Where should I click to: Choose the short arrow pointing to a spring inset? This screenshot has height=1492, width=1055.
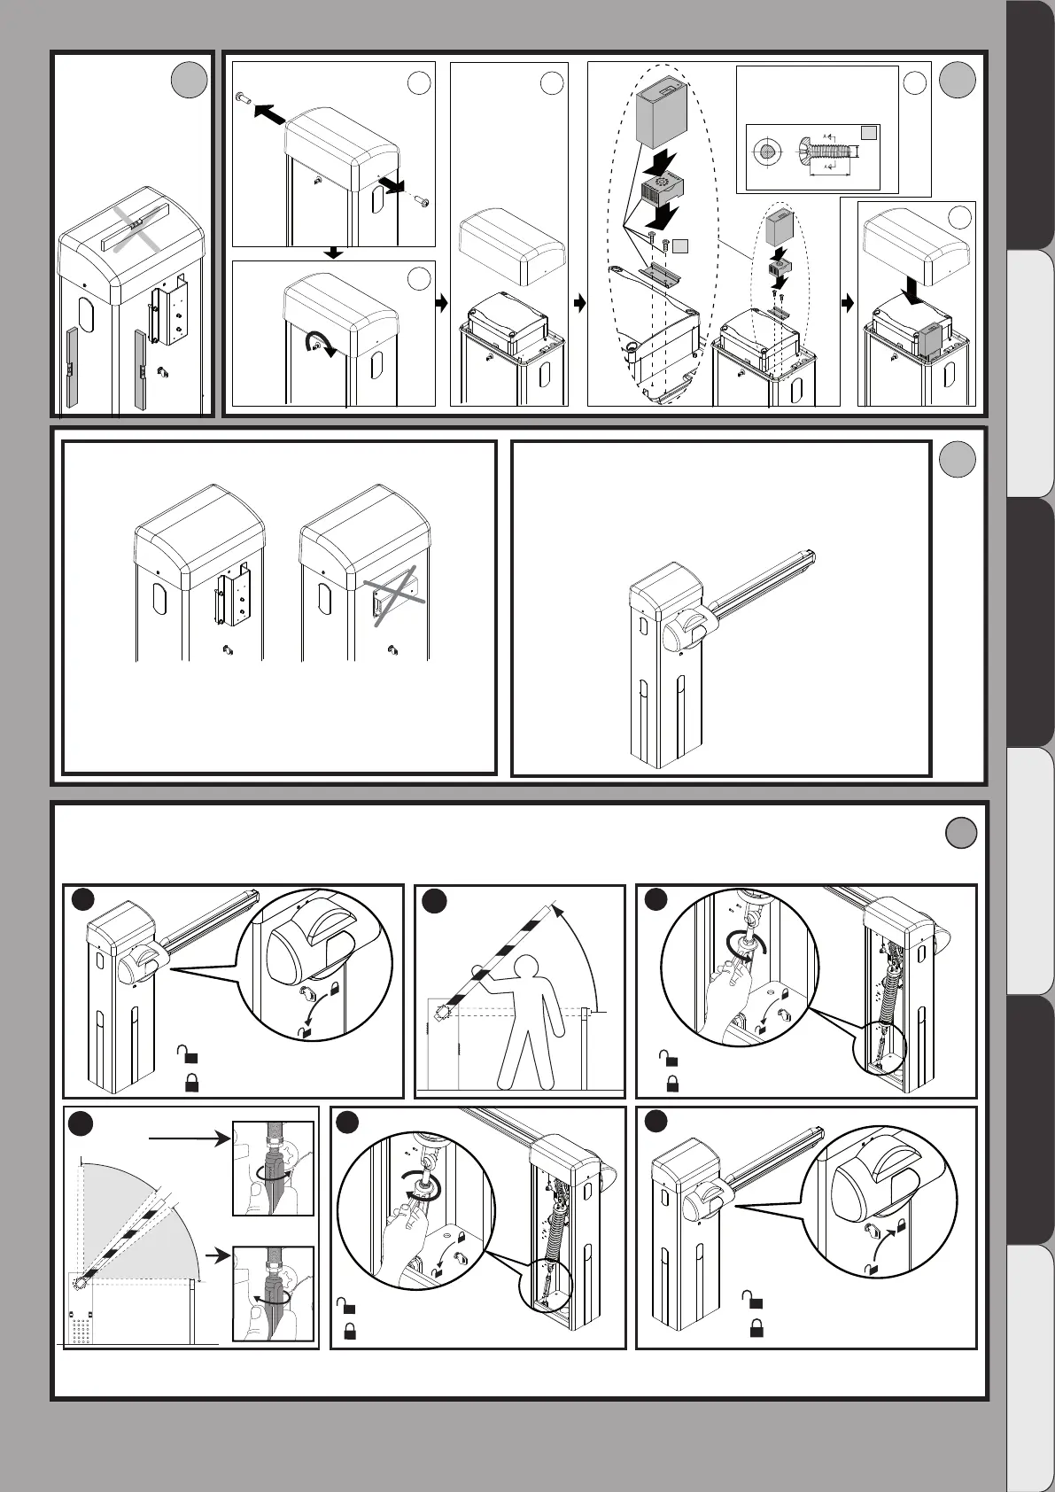[x=215, y=1255]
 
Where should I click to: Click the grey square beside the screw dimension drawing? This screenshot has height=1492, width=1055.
[x=870, y=132]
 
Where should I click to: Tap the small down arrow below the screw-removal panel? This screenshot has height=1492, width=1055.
[x=333, y=253]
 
